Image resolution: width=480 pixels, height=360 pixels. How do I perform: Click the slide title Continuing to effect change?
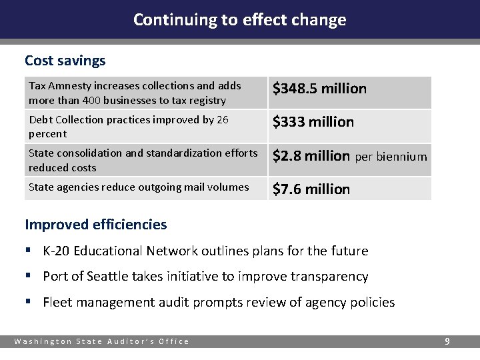tap(239, 19)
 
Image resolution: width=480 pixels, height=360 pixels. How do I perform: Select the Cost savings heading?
tap(65, 61)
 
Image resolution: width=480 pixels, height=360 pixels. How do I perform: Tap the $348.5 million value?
tap(319, 89)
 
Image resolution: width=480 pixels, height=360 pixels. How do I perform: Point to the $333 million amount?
tap(313, 122)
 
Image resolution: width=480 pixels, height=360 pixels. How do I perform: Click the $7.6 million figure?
tap(311, 189)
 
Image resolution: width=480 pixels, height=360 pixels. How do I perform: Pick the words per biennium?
tap(391, 157)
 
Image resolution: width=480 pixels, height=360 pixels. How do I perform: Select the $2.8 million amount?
tap(311, 156)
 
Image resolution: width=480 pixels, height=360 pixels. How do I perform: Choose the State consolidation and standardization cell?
tap(143, 160)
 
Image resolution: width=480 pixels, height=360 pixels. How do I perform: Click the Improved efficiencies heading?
tap(95, 225)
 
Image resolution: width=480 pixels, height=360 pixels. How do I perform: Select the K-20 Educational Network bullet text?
tap(205, 251)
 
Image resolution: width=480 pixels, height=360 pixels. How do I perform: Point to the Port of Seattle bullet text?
tap(205, 277)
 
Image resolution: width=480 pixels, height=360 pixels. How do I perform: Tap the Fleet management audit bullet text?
tap(219, 303)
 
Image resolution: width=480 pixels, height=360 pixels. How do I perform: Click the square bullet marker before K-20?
tap(28, 251)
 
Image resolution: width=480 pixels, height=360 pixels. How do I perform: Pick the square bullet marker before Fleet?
tap(28, 303)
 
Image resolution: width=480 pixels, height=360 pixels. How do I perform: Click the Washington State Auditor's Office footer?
tap(102, 342)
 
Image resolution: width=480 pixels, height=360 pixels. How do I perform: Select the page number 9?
tap(447, 341)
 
